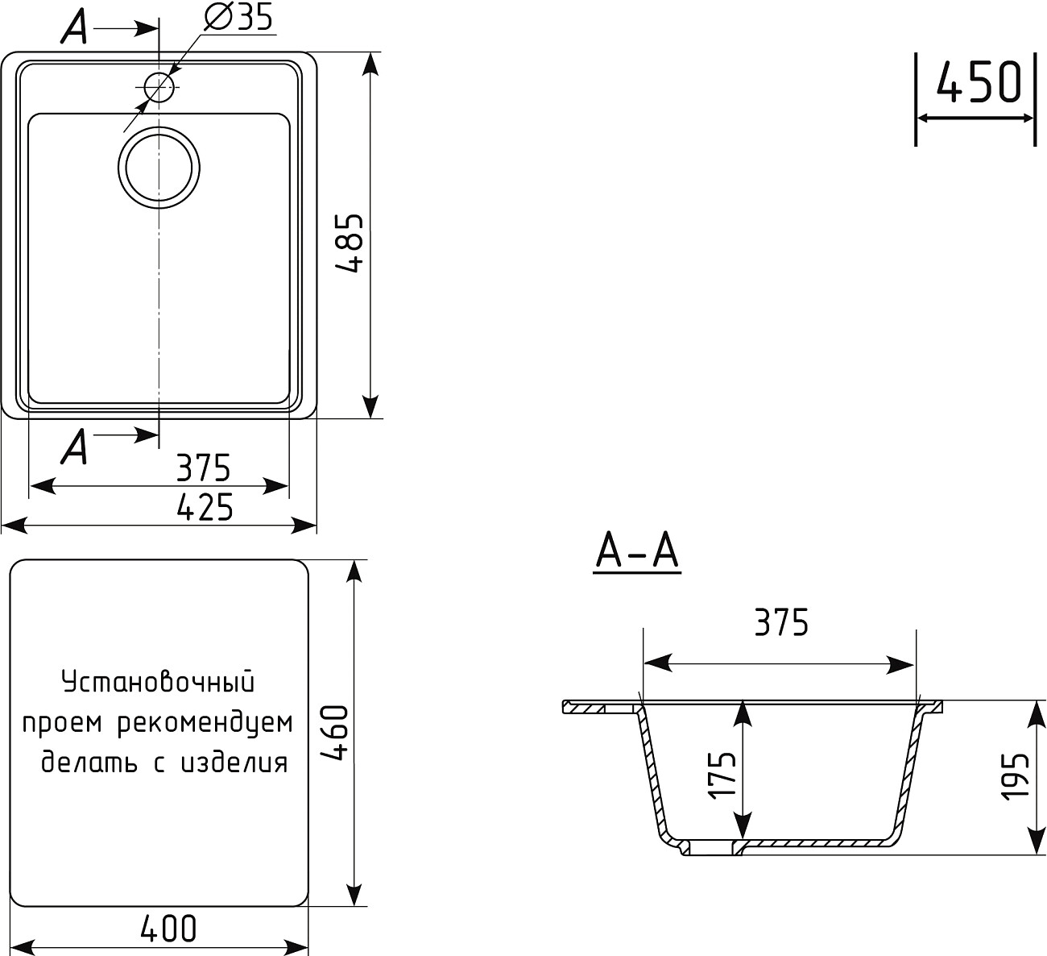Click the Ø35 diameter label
click(x=239, y=17)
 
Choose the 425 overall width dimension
click(x=205, y=508)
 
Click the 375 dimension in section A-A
click(x=780, y=623)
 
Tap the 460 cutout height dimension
click(x=333, y=734)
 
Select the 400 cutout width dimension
click(x=168, y=929)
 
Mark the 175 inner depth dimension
click(x=722, y=775)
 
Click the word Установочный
click(x=158, y=683)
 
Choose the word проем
click(x=64, y=723)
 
